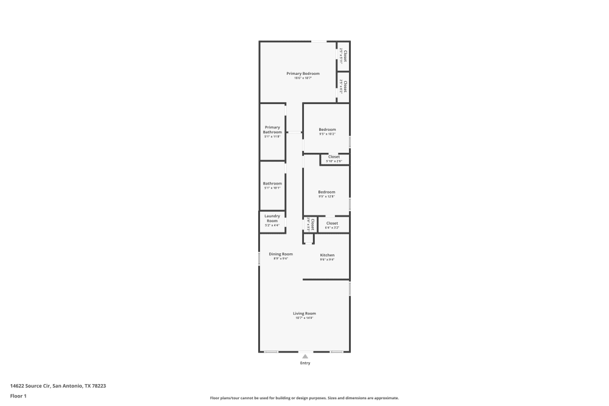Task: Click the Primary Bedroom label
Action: click(x=303, y=73)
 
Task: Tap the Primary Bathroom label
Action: click(x=272, y=130)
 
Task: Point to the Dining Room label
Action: click(x=281, y=254)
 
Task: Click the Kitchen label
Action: click(x=327, y=255)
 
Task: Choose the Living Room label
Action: click(x=304, y=313)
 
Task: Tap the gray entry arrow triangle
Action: click(x=305, y=356)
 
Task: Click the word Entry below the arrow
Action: click(x=305, y=363)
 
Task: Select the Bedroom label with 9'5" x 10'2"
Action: click(x=327, y=129)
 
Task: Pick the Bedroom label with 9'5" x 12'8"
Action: click(x=326, y=192)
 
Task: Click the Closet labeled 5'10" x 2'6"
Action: click(x=334, y=157)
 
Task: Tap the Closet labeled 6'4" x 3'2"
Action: click(x=332, y=223)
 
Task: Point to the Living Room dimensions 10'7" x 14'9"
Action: click(x=304, y=318)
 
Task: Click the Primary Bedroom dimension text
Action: click(x=303, y=78)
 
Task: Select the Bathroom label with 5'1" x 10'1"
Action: click(x=272, y=183)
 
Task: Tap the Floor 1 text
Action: click(x=18, y=396)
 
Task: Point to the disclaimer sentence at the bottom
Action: click(x=304, y=398)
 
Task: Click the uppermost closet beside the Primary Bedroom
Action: click(x=343, y=56)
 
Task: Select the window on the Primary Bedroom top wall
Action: click(x=319, y=41)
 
